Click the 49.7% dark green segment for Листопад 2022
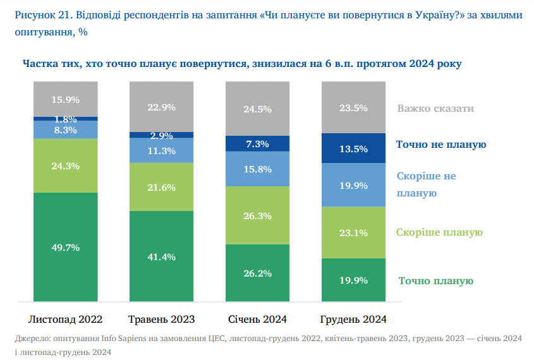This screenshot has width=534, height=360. pyautogui.click(x=65, y=248)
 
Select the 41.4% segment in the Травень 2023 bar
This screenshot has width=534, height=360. pyautogui.click(x=161, y=257)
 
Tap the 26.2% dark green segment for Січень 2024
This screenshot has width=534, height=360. pyautogui.click(x=258, y=273)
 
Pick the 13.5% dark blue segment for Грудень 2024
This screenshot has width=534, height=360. pyautogui.click(x=353, y=149)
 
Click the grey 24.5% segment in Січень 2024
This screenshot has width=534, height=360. pyautogui.click(x=258, y=109)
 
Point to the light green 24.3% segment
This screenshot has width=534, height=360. pyautogui.click(x=65, y=166)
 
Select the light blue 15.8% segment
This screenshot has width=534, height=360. pyautogui.click(x=258, y=169)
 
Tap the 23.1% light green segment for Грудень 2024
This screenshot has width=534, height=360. pyautogui.click(x=353, y=232)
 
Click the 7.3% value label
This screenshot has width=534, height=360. pyautogui.click(x=258, y=144)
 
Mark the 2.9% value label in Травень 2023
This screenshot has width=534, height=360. pyautogui.click(x=161, y=135)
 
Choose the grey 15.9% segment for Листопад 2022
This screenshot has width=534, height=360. pyautogui.click(x=65, y=99)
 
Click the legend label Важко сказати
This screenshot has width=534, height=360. pyautogui.click(x=435, y=108)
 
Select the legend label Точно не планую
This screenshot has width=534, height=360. pyautogui.click(x=440, y=145)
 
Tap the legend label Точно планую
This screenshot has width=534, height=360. pyautogui.click(x=435, y=281)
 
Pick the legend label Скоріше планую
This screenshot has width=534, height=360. pyautogui.click(x=439, y=232)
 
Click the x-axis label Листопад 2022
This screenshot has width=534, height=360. pyautogui.click(x=66, y=319)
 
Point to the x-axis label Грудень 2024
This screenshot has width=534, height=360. pyautogui.click(x=353, y=319)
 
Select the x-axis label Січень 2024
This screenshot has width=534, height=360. pyautogui.click(x=258, y=319)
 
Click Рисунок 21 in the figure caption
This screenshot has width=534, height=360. pyautogui.click(x=38, y=13)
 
